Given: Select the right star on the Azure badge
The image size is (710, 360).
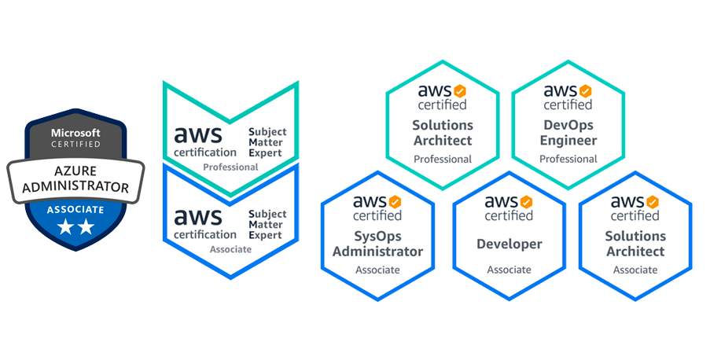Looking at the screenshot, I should [86, 227].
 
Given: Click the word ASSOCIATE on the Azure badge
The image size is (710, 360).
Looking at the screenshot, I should [75, 210].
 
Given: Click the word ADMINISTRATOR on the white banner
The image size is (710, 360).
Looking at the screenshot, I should [75, 187].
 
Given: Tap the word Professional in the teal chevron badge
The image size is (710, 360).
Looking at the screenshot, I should [230, 167].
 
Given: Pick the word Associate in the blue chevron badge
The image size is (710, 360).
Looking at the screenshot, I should [230, 249].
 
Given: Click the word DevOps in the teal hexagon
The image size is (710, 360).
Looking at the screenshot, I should [568, 125].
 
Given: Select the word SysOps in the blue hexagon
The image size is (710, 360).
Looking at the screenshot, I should [377, 236].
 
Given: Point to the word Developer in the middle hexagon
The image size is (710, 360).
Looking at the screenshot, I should [510, 244].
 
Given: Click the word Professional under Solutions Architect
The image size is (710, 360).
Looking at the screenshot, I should [443, 159].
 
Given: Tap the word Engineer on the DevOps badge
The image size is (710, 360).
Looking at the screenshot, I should [568, 141].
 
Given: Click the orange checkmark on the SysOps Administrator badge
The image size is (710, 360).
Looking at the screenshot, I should [395, 203].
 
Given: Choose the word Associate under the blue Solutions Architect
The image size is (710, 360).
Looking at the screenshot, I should [635, 270].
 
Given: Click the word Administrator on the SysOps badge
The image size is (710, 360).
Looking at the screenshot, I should [377, 252].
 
